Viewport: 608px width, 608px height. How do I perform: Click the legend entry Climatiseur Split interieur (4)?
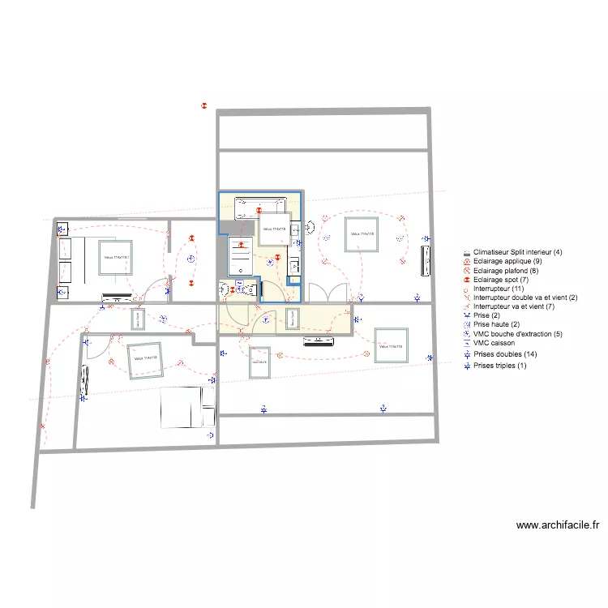517,252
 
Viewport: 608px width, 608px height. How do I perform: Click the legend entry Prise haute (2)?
496,325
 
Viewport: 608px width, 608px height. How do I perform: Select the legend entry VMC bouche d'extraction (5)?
517,334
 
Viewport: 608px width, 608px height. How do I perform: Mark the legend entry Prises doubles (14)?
505,354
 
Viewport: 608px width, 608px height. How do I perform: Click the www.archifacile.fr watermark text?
558,525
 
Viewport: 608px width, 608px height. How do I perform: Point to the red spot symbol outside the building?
205,105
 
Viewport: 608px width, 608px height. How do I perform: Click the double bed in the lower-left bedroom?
186,408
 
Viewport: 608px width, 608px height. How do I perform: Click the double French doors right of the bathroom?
329,293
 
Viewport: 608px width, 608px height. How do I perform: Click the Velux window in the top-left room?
115,258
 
